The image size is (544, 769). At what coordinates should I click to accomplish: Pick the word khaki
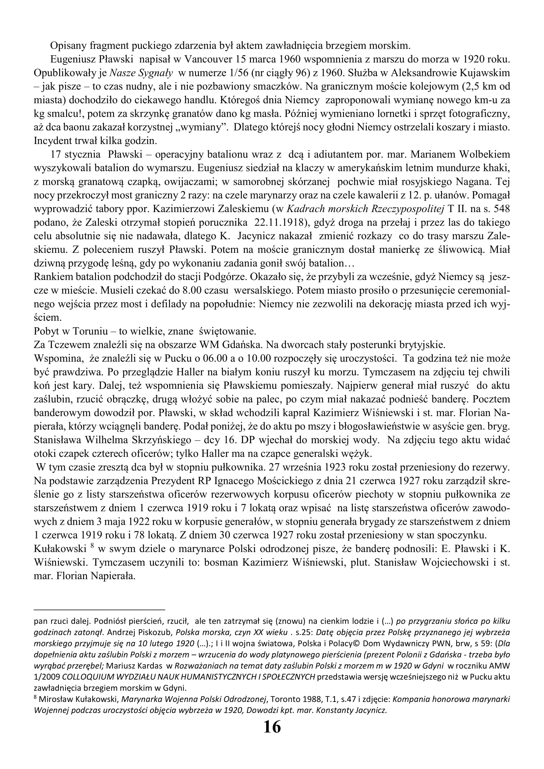click(498, 168)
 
